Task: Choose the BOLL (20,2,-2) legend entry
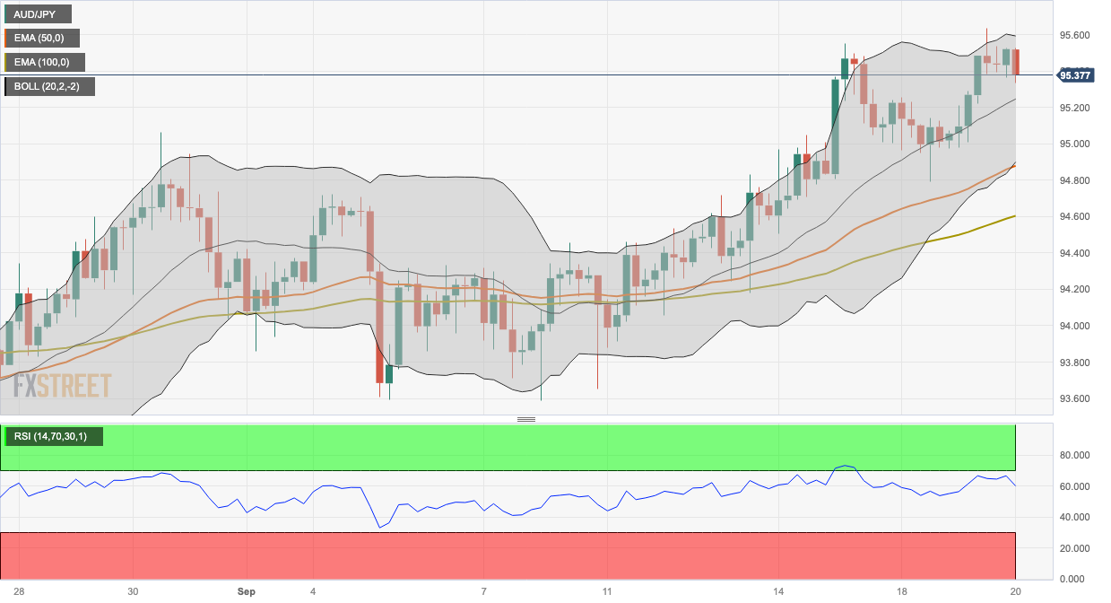[49, 87]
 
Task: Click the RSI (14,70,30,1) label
[51, 437]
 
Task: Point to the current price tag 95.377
[1074, 75]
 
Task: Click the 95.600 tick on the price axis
[1074, 36]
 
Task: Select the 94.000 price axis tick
[1074, 327]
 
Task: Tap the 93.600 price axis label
[1074, 399]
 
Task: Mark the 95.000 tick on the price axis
[1074, 144]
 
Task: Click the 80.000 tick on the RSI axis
[1074, 456]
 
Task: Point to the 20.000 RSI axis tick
[1074, 548]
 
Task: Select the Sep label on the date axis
[247, 592]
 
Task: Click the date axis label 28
[19, 592]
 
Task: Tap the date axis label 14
[778, 592]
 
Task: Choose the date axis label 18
[902, 592]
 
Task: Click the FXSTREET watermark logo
[56, 386]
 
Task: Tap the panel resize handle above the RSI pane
[526, 420]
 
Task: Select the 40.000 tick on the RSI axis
[1074, 518]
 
